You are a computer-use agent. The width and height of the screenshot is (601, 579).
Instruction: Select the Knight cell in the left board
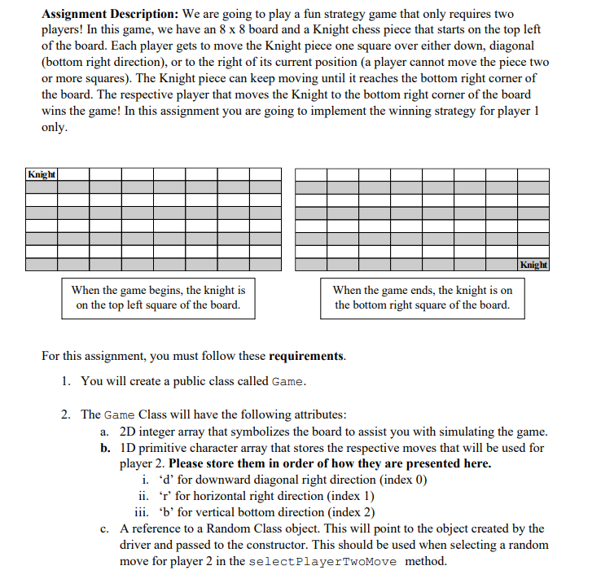point(41,174)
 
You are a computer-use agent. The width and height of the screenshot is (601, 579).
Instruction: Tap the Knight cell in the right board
point(533,265)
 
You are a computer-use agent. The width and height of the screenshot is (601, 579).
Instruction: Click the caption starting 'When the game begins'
point(158,297)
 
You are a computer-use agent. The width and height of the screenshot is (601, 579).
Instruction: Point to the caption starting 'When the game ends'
point(422,297)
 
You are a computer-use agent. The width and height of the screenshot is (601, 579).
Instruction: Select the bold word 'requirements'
point(305,357)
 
